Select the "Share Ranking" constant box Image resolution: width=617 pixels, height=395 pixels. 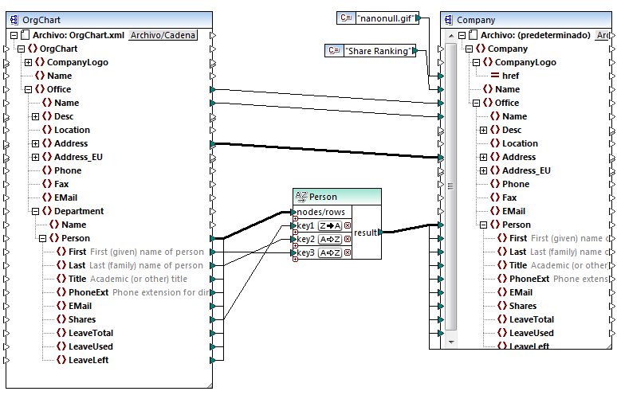381,51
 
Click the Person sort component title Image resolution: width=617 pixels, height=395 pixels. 323,197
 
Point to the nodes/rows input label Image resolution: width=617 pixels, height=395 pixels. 320,212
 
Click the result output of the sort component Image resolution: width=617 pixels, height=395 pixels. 366,232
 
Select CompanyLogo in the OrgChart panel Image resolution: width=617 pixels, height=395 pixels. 77,62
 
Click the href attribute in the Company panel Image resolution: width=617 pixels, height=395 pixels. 511,76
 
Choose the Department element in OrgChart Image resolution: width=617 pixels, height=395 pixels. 78,211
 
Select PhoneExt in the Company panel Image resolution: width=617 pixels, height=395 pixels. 529,279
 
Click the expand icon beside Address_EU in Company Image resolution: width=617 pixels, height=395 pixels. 484,170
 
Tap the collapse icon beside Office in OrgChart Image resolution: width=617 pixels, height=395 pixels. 28,89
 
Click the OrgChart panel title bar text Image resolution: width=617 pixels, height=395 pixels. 41,20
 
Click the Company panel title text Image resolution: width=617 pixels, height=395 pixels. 476,20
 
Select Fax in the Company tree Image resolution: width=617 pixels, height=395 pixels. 509,197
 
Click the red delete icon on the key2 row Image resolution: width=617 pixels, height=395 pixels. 348,240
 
